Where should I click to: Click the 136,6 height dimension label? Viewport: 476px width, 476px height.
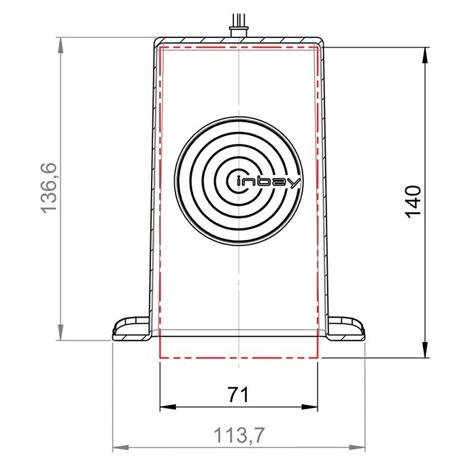click(x=49, y=188)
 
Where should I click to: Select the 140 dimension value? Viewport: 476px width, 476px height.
click(x=413, y=201)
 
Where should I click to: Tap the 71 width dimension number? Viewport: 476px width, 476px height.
click(x=238, y=394)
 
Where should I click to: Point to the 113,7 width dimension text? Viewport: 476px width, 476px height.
click(x=239, y=435)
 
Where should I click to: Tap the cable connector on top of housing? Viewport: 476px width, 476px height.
click(x=239, y=31)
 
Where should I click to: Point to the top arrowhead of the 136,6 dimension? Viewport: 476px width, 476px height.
click(x=61, y=45)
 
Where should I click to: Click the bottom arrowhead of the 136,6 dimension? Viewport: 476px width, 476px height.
click(x=61, y=333)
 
